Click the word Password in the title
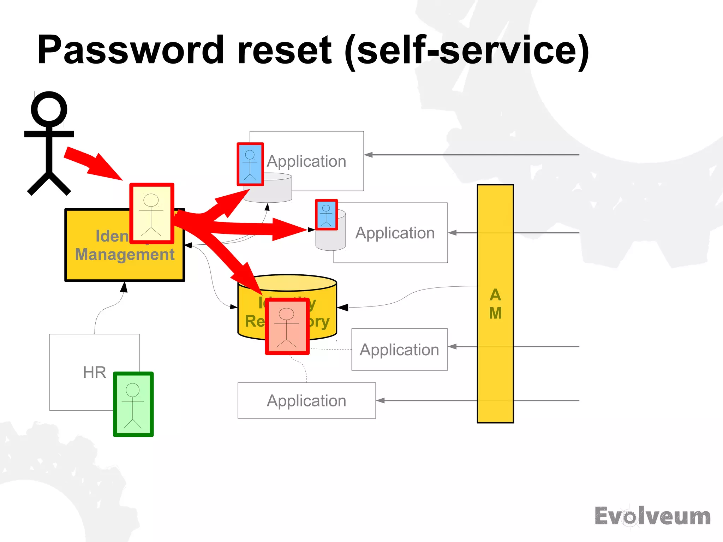[x=131, y=50]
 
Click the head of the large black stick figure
[x=49, y=109]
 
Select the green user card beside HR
[x=133, y=404]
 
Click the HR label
[x=94, y=373]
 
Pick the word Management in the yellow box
[x=125, y=255]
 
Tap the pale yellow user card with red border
[x=152, y=214]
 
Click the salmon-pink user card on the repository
[x=287, y=326]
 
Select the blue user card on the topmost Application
[x=250, y=164]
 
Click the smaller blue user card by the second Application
[x=326, y=215]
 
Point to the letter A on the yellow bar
[x=495, y=295]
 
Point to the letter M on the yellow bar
[x=495, y=313]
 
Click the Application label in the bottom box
[x=306, y=401]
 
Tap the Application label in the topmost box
[x=306, y=161]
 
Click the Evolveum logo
[x=652, y=517]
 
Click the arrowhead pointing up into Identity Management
[x=124, y=287]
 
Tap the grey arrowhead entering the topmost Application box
[x=369, y=155]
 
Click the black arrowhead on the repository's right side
[x=342, y=308]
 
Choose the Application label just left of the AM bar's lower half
[x=399, y=350]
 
